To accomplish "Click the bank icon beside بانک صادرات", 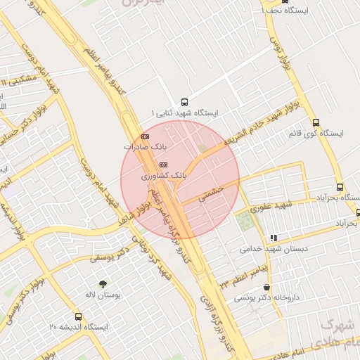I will tap(145, 136).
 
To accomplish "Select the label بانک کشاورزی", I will tap(164, 176).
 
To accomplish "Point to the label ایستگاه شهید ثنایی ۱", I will tap(185, 112).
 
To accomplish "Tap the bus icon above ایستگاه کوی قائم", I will tap(316, 122).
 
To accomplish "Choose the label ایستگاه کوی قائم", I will tap(316, 133).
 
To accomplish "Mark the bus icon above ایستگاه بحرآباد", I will tap(340, 188).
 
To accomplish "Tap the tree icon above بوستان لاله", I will tap(103, 284).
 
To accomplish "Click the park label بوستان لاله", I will tap(103, 295).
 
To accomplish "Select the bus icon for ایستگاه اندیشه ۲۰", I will tap(78, 316).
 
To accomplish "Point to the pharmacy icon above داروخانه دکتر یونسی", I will tap(266, 287).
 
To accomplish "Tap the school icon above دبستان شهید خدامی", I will tap(273, 238).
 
